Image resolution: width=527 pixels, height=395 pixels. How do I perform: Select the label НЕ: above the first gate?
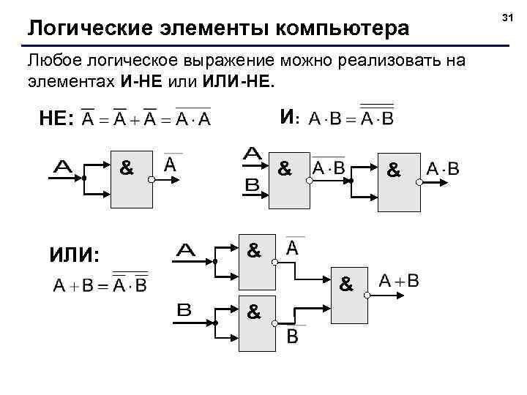pyautogui.click(x=56, y=119)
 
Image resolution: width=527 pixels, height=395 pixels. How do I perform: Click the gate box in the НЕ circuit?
pyautogui.click(x=131, y=180)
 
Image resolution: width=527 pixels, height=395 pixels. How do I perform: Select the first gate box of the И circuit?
pyautogui.click(x=290, y=180)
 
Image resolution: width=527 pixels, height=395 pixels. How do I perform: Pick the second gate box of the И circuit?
pyautogui.click(x=399, y=183)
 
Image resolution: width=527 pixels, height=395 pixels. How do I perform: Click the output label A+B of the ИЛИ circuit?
pyautogui.click(x=399, y=281)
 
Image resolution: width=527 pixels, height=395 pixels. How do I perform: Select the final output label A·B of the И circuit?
pyautogui.click(x=443, y=170)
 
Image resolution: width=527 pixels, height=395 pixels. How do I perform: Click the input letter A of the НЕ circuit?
pyautogui.click(x=67, y=168)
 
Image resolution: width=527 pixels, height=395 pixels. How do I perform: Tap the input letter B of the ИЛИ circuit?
pyautogui.click(x=184, y=310)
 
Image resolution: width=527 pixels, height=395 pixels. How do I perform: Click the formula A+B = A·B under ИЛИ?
pyautogui.click(x=100, y=283)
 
